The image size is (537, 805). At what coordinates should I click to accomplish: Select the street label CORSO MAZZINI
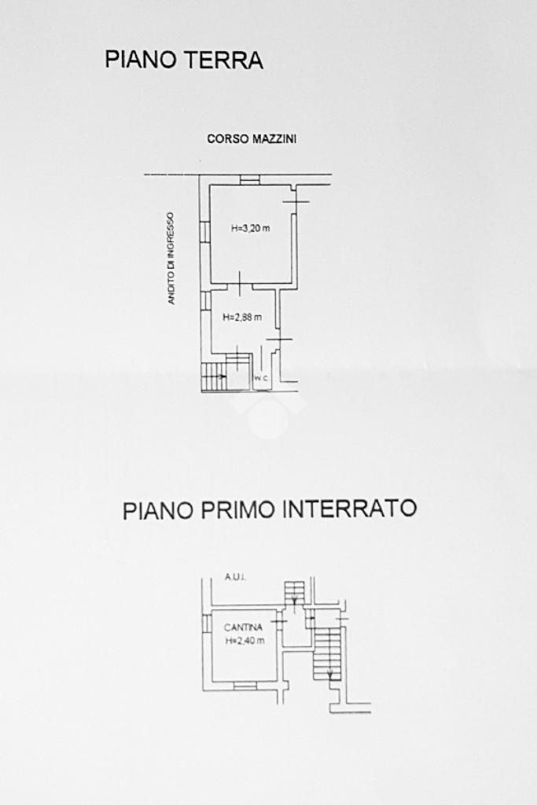[x=252, y=139]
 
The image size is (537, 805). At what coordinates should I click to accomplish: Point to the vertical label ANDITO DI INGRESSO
[x=171, y=258]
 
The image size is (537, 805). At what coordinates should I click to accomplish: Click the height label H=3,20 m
[x=251, y=230]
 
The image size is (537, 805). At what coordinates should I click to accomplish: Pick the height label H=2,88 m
[x=241, y=318]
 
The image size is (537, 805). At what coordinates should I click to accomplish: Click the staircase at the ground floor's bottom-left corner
[x=215, y=377]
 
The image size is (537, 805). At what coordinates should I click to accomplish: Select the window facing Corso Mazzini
[x=249, y=179]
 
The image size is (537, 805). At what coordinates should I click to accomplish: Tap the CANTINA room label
[x=243, y=627]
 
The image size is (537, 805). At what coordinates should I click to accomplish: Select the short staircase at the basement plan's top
[x=294, y=591]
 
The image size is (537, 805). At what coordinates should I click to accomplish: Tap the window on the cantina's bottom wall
[x=245, y=686]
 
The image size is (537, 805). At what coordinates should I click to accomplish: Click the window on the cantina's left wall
[x=206, y=623]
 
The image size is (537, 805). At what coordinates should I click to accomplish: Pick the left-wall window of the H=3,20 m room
[x=204, y=232]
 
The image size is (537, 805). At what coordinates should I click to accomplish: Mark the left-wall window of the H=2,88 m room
[x=204, y=301]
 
